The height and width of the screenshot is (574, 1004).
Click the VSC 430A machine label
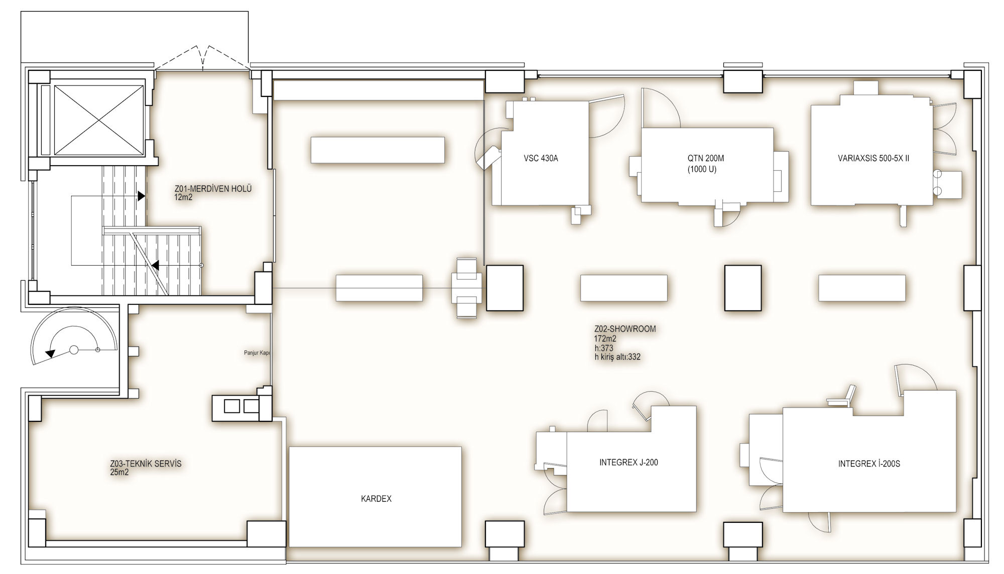click(x=541, y=158)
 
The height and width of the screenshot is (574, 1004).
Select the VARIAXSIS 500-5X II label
click(x=873, y=158)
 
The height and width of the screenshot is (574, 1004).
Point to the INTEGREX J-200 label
click(x=629, y=463)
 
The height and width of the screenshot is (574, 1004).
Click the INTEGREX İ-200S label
click(x=869, y=464)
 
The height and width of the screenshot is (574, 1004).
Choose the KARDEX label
click(x=376, y=499)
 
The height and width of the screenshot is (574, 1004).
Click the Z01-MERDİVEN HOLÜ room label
click(x=213, y=189)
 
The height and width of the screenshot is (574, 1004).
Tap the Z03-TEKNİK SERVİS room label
click(x=146, y=464)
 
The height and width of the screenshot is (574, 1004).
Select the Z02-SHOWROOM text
click(x=625, y=329)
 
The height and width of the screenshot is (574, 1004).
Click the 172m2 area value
click(x=605, y=338)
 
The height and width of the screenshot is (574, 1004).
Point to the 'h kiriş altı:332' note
click(x=617, y=357)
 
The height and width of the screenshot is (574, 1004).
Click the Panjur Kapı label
click(x=257, y=353)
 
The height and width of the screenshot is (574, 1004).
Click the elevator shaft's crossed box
click(x=98, y=120)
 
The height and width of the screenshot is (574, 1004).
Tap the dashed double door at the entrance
click(x=203, y=57)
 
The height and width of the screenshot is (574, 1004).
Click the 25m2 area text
click(x=119, y=472)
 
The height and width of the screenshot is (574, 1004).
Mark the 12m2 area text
click(x=183, y=197)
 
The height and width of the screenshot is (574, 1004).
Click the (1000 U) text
click(x=702, y=169)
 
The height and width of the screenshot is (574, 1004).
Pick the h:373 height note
click(x=603, y=348)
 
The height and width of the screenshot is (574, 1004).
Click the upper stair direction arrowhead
click(x=142, y=196)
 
